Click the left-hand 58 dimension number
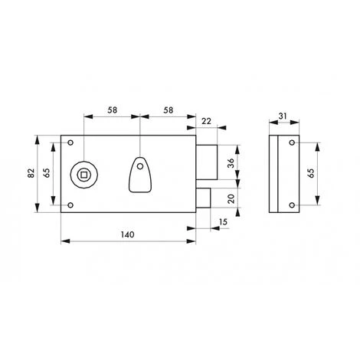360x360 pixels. (x=112, y=110)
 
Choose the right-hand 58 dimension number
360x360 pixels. (x=168, y=110)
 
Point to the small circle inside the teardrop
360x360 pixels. (x=140, y=165)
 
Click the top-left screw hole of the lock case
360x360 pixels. (x=70, y=143)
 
